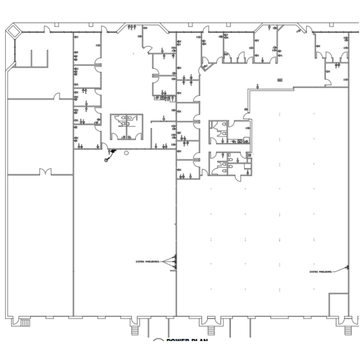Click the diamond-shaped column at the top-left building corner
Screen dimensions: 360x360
[x=14, y=31]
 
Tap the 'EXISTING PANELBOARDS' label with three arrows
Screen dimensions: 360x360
[x=148, y=261]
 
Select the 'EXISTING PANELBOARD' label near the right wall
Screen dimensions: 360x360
[x=321, y=272]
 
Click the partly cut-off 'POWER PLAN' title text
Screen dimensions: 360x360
[x=187, y=340]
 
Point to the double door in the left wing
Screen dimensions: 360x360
[x=45, y=172]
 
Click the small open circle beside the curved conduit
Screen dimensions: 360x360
[x=126, y=153]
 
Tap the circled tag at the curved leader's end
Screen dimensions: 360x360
[x=106, y=160]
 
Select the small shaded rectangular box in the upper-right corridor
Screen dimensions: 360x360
[x=280, y=80]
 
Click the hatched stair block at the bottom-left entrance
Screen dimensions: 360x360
[x=25, y=322]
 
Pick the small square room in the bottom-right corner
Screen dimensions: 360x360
[x=338, y=304]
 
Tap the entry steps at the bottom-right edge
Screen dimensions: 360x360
[x=348, y=330]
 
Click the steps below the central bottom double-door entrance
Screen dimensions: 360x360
[x=211, y=330]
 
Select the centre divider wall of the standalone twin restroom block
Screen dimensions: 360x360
[x=127, y=127]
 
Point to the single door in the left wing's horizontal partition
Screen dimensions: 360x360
[x=57, y=97]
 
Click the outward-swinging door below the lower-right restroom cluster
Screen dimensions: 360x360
[x=238, y=178]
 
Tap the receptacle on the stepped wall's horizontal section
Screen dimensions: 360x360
[x=258, y=86]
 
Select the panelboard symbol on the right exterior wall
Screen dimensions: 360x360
[x=347, y=267]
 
